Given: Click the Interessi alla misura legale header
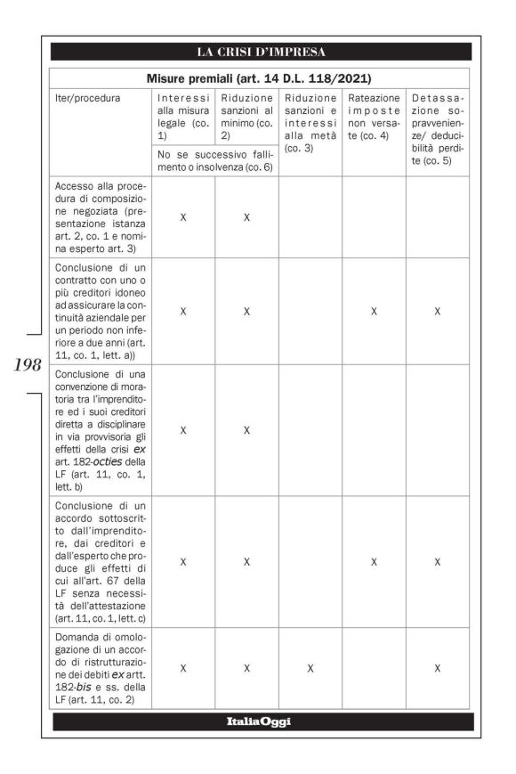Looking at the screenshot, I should tap(183, 116).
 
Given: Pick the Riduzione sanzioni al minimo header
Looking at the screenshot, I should tap(246, 116).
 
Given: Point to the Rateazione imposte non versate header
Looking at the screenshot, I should tap(374, 116).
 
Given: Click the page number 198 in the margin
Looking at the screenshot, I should tap(25, 363).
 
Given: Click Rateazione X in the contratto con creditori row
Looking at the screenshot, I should tap(374, 312).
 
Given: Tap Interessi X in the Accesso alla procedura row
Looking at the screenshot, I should tap(183, 216).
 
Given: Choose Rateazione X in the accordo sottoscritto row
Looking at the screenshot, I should tap(374, 562).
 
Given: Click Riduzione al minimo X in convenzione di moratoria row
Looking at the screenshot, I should tap(246, 430).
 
